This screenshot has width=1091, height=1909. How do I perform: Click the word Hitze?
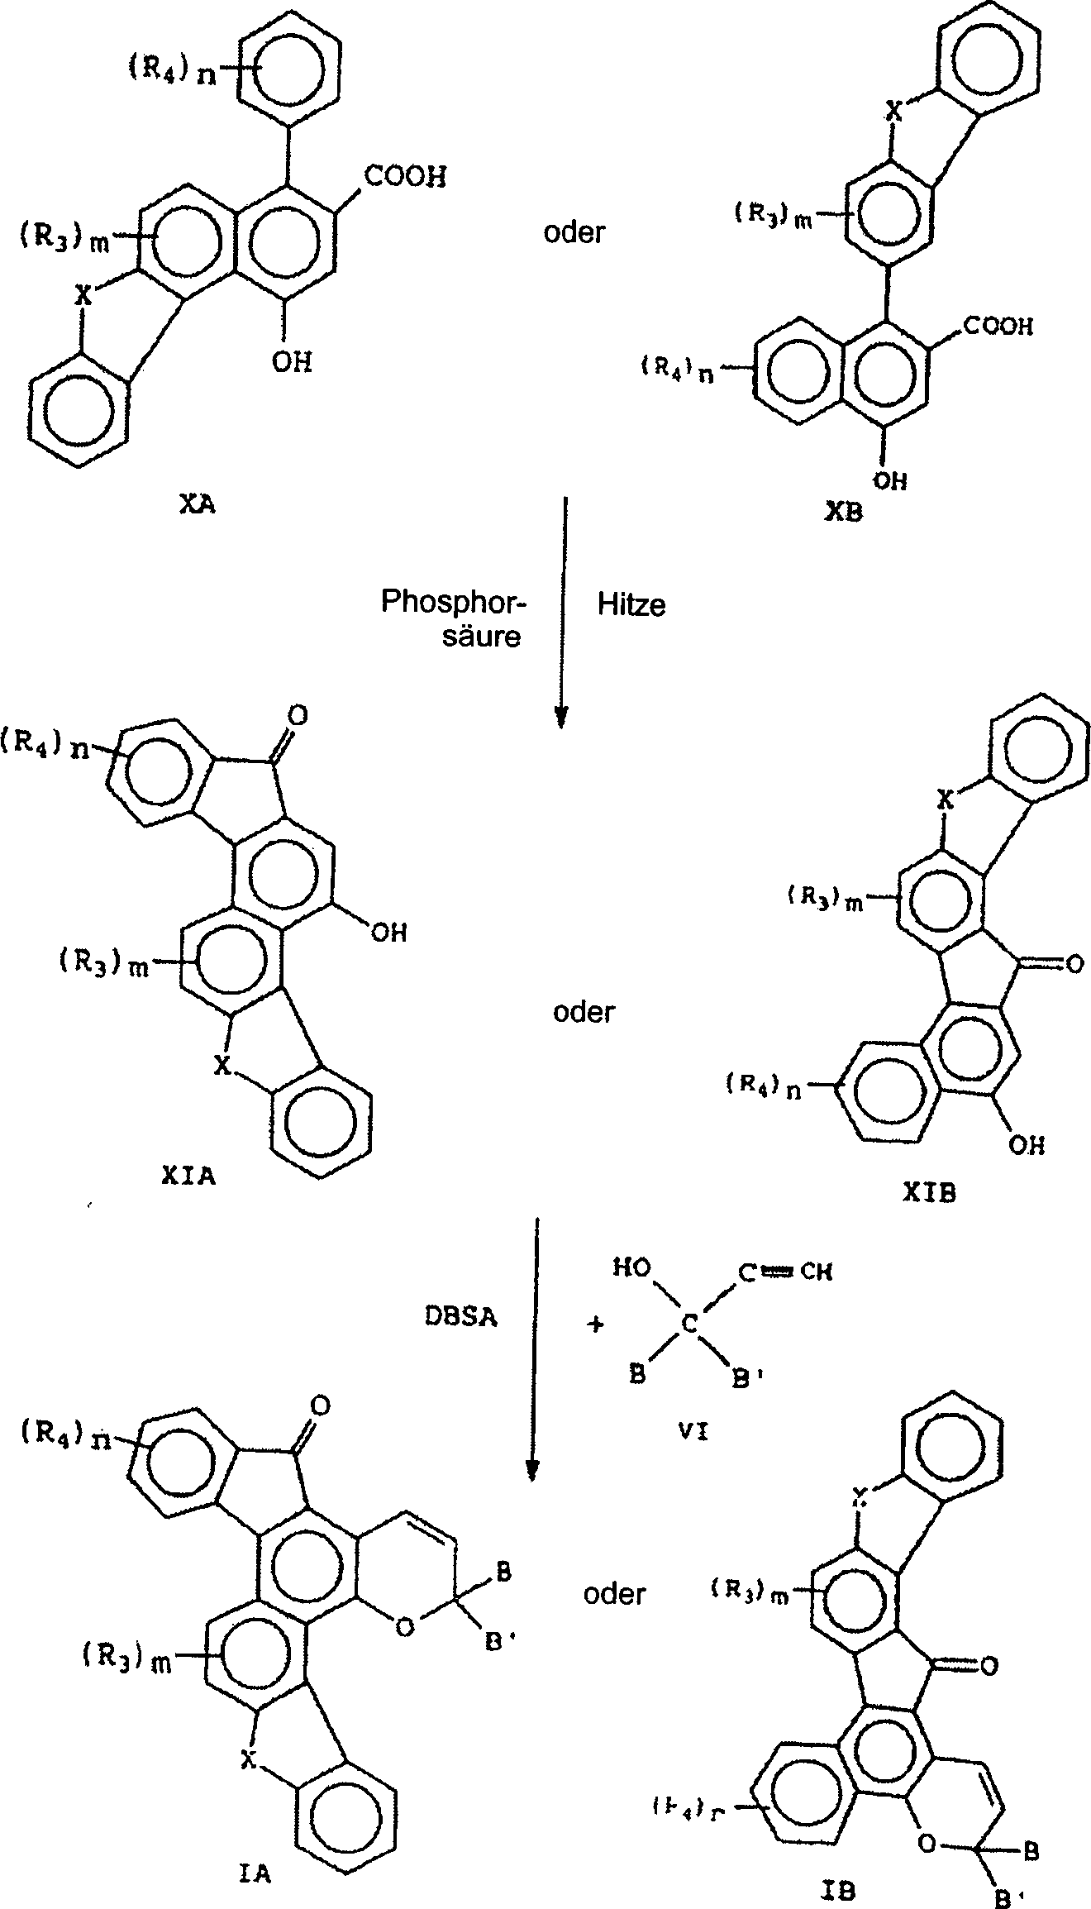pos(631,605)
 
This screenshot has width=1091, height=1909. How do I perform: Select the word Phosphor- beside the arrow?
pos(454,601)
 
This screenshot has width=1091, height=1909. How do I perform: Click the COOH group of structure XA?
pos(403,176)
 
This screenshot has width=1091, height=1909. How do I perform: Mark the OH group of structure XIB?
pos(1027,1144)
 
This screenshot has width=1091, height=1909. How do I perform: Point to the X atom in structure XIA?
pos(221,1067)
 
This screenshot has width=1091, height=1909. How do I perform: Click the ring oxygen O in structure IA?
pos(404,1627)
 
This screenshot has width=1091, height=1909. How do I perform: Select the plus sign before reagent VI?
pos(594,1324)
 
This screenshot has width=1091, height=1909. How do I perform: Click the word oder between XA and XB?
pos(574,232)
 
